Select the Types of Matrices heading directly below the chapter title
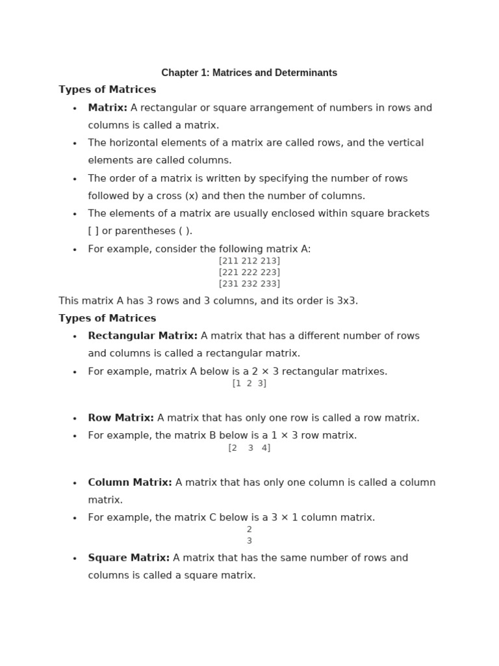[x=107, y=90]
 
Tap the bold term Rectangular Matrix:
[x=143, y=336]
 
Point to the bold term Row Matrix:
[x=121, y=418]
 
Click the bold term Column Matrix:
[x=130, y=483]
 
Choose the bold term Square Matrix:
[x=129, y=558]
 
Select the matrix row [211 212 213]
[x=249, y=261]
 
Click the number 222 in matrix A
[x=249, y=273]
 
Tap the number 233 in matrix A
[x=269, y=284]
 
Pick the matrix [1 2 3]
[x=249, y=384]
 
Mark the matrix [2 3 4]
[x=249, y=448]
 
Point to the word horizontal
[x=136, y=143]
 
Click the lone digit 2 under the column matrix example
[x=249, y=529]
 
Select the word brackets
[x=407, y=213]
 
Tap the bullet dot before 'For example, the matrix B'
[x=75, y=436]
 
